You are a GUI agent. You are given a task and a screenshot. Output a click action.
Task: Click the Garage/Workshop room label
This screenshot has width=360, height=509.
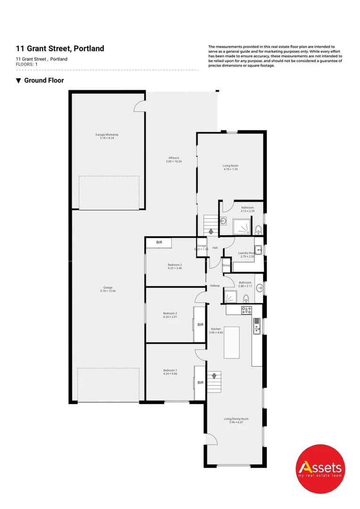106,134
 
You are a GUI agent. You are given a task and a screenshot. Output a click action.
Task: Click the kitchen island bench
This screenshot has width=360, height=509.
231,343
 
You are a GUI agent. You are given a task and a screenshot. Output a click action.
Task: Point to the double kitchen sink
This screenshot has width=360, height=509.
257,326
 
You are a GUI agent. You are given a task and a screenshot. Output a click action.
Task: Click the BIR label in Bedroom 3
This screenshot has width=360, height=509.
159,242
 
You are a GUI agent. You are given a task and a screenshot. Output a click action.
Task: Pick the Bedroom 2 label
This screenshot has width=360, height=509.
170,313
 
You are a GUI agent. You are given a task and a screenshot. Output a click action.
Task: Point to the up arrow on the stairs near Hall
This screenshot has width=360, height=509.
210,231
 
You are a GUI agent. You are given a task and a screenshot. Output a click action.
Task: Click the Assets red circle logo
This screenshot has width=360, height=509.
320,468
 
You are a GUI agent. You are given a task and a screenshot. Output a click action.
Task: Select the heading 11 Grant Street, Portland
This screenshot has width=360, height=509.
60,49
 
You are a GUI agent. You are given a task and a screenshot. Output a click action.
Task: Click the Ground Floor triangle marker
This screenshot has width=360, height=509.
18,81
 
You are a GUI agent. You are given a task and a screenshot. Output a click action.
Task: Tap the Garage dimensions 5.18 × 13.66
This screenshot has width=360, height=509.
108,291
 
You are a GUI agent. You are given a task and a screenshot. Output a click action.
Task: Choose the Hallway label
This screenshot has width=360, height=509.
215,286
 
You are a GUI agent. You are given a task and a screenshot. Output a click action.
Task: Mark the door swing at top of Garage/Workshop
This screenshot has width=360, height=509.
139,107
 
